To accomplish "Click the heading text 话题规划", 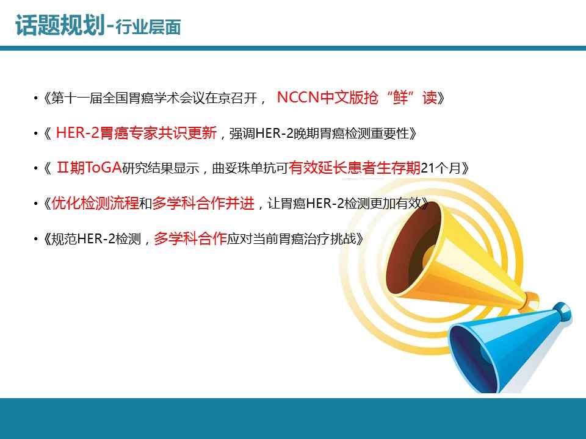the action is point(60,26).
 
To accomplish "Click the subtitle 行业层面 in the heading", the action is point(148,27).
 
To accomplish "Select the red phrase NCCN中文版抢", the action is point(327,98).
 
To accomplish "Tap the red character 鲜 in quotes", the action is point(400,98).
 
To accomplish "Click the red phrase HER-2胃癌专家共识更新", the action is point(136,133).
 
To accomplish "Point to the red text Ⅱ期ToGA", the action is point(89,168).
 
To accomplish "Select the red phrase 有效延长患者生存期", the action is point(355,168).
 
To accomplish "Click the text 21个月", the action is point(441,168).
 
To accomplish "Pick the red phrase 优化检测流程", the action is point(95,203).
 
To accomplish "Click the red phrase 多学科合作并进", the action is point(203,203).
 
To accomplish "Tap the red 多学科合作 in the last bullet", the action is point(190,238).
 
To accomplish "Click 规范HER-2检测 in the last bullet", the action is point(96,238).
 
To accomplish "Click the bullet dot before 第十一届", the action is point(35,98).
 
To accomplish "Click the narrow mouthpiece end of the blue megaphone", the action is point(562,311).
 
